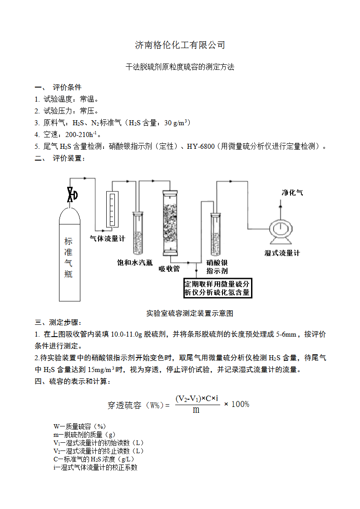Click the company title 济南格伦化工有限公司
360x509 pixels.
180,45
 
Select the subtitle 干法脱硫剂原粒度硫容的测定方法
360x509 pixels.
180,67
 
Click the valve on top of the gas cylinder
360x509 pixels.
71,195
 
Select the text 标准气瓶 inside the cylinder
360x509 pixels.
68,257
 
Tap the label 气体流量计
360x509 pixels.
108,238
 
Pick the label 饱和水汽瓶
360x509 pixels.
135,263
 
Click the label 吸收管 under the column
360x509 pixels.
169,269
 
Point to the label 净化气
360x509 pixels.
292,193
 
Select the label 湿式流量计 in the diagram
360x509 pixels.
282,253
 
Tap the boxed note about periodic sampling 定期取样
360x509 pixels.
217,288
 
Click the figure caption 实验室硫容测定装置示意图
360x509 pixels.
190,313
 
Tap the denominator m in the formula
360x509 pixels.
196,410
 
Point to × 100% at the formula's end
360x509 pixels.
237,404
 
